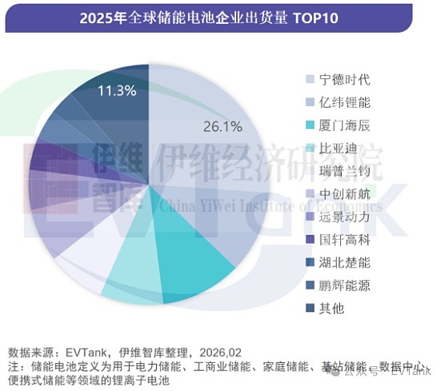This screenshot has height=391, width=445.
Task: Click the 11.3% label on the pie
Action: (117, 90)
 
